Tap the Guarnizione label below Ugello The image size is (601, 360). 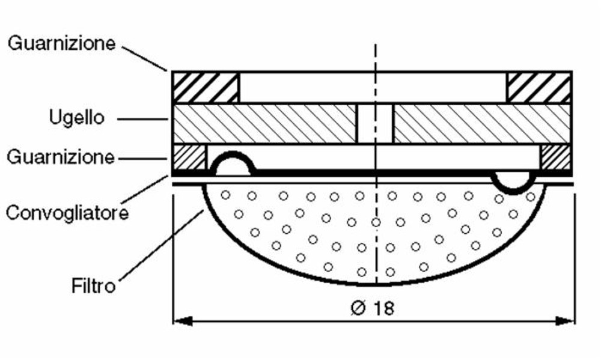point(60,157)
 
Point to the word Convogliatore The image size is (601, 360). point(67,212)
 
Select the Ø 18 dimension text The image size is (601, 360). point(372,308)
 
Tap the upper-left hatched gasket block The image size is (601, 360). point(206,88)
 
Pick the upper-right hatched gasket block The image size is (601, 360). point(538,88)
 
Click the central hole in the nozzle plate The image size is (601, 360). point(374,124)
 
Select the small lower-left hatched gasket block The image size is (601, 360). point(189,157)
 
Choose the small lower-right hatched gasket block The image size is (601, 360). point(555,157)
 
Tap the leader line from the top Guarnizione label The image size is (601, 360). point(145,57)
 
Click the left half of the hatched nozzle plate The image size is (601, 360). point(264,124)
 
